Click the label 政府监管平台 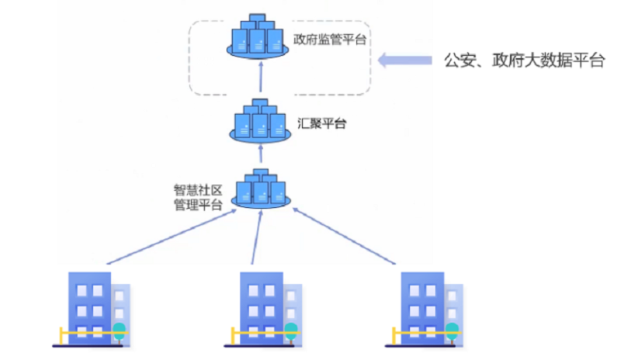coord(330,38)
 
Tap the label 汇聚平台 coord(321,123)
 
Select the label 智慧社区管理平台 coord(199,197)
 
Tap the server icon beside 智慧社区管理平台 coord(261,190)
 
